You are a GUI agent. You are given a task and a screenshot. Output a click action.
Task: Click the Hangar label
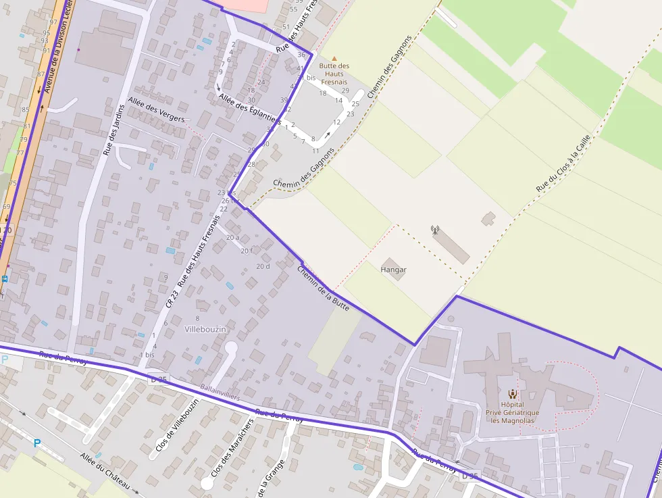coord(393,270)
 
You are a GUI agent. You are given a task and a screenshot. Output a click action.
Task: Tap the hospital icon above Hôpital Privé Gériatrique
coord(513,393)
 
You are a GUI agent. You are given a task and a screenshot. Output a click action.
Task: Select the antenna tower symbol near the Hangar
coord(435,230)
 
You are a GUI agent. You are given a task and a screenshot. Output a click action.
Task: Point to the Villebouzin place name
coord(205,328)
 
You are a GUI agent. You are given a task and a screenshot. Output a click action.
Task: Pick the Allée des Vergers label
coord(156,113)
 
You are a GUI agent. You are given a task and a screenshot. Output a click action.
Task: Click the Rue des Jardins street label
coord(114,130)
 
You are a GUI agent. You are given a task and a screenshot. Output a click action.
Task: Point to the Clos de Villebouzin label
coord(177,425)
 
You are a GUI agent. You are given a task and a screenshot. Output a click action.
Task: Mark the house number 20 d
coord(263,266)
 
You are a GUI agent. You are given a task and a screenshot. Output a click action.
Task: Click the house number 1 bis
coord(147,355)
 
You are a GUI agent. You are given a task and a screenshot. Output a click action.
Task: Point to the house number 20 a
coord(232,237)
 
